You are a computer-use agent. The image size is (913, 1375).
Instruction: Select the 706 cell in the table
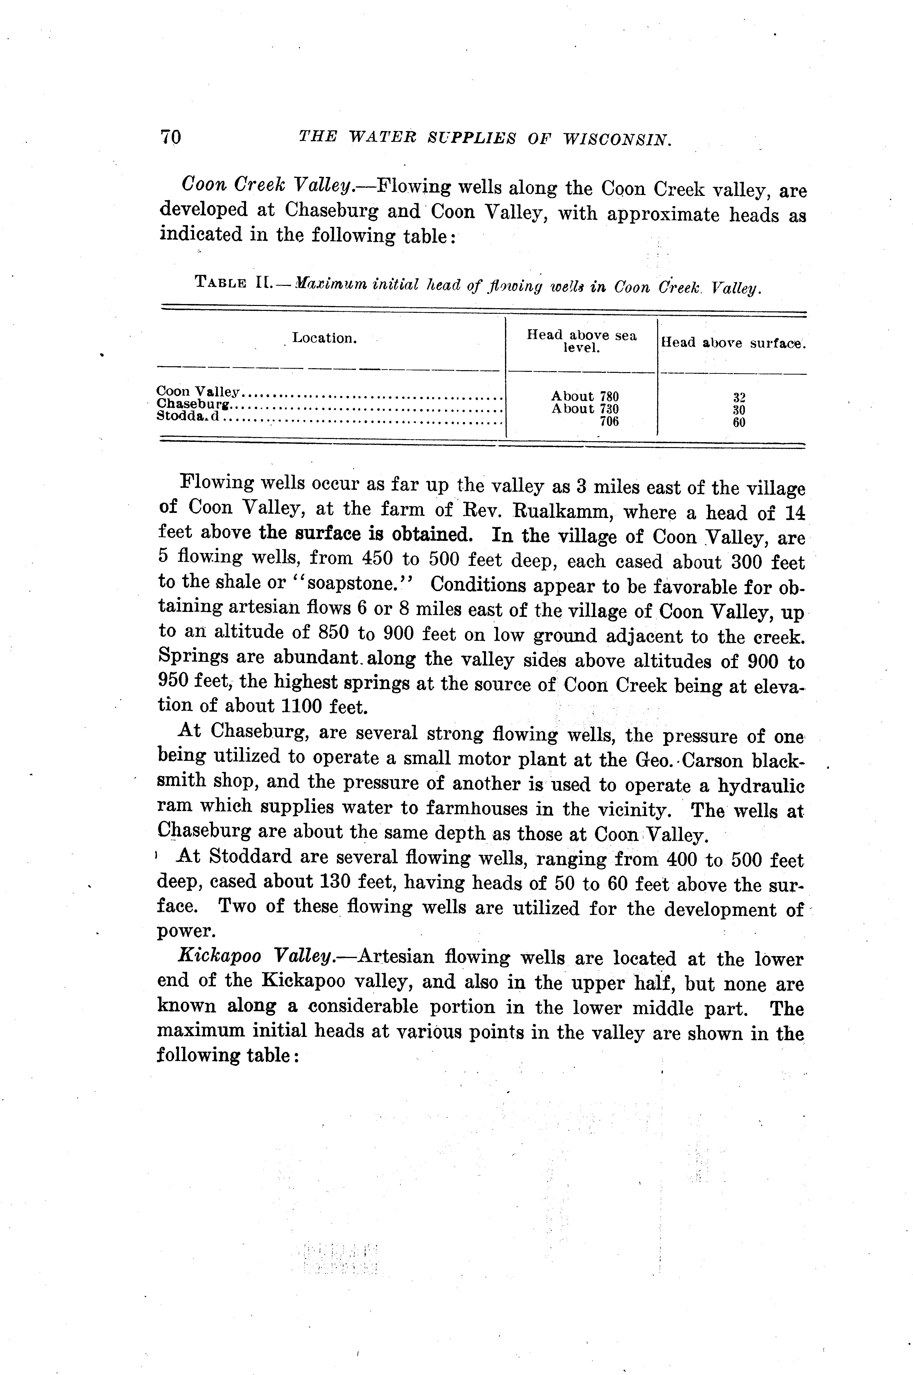point(609,421)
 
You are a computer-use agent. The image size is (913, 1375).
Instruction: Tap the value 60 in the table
point(739,423)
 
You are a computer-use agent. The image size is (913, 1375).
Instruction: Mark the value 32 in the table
point(739,398)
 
